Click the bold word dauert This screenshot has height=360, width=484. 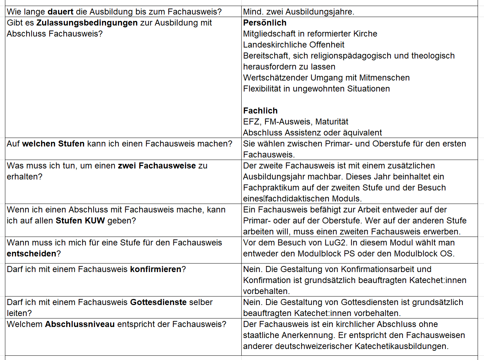click(x=61, y=12)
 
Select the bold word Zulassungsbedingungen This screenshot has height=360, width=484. click(x=87, y=23)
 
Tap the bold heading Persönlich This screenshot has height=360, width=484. click(x=265, y=23)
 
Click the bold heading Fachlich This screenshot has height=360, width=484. click(x=260, y=111)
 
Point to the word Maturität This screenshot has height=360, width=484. click(x=332, y=122)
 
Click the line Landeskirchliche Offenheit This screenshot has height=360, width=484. click(x=294, y=45)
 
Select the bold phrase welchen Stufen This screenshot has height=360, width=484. click(x=54, y=144)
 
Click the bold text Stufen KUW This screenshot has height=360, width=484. click(x=80, y=221)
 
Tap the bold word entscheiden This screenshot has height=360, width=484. click(x=32, y=254)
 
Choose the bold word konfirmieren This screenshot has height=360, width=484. click(x=156, y=269)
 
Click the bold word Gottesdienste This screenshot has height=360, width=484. click(x=158, y=302)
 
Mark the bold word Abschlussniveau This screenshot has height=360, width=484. click(x=80, y=324)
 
